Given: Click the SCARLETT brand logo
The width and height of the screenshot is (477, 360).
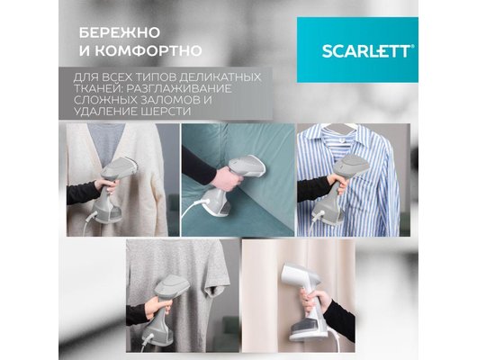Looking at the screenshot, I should coord(368,51).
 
